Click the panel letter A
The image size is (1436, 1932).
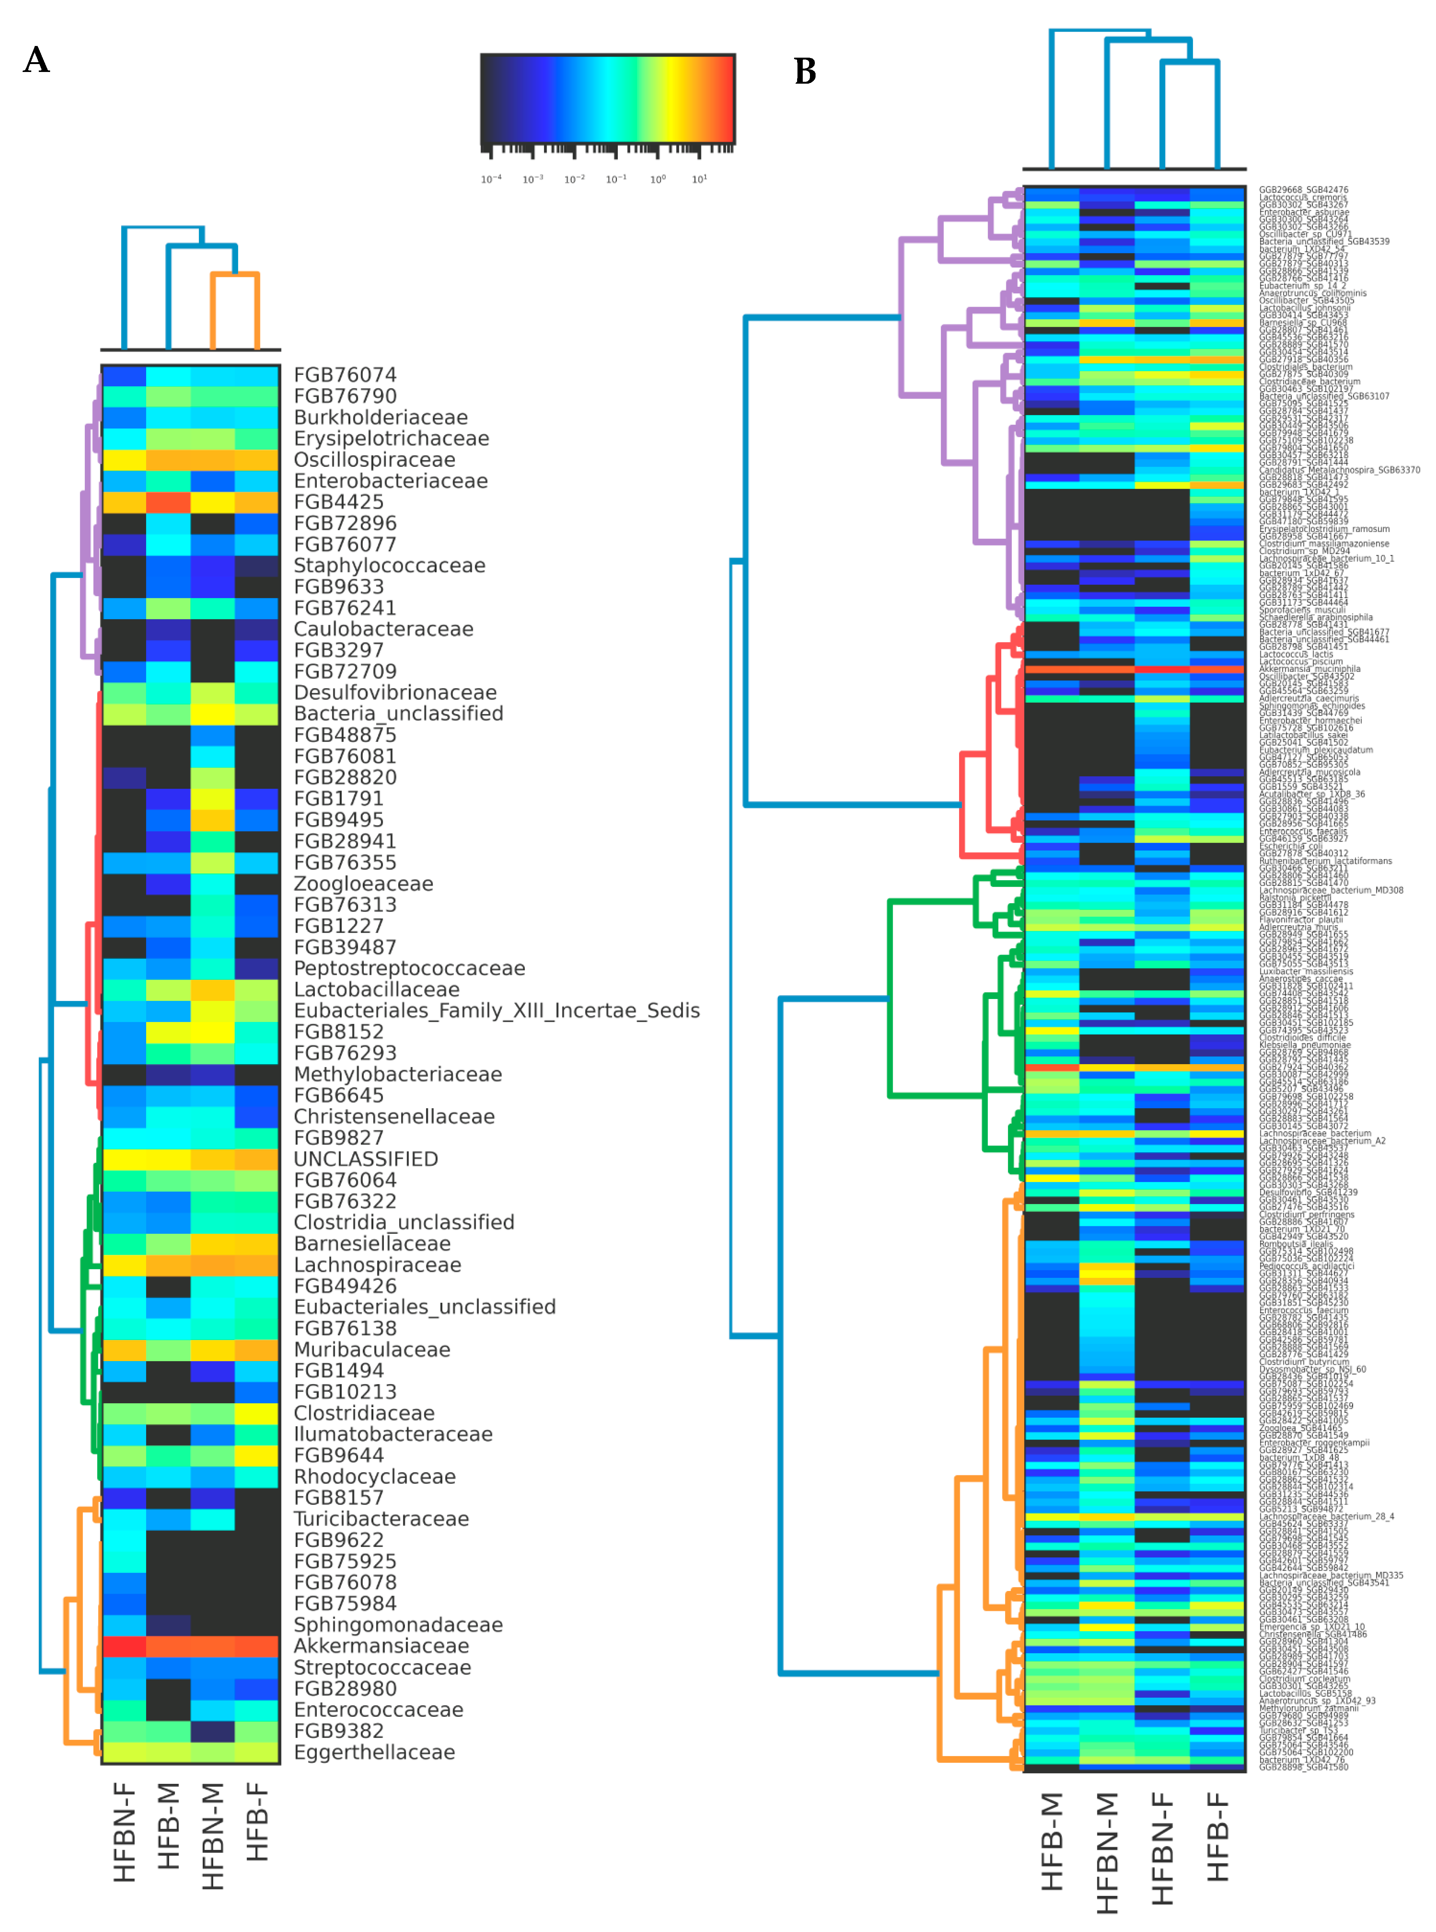pyautogui.click(x=37, y=60)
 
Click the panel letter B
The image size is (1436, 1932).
pyautogui.click(x=805, y=71)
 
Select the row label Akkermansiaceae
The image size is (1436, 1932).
pyautogui.click(x=381, y=1646)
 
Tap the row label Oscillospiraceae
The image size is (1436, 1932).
pyautogui.click(x=374, y=460)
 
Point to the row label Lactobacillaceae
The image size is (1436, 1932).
pyautogui.click(x=376, y=990)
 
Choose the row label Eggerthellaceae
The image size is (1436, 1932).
pyautogui.click(x=374, y=1752)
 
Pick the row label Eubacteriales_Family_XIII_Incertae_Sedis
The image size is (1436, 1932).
pyautogui.click(x=496, y=1010)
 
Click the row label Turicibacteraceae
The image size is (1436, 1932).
pyautogui.click(x=381, y=1519)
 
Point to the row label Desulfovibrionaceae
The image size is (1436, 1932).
pyautogui.click(x=395, y=693)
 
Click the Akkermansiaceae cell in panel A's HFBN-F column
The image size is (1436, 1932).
pyautogui.click(x=124, y=1646)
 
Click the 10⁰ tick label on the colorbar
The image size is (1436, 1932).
pyautogui.click(x=658, y=179)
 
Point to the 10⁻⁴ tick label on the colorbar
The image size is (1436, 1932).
pyautogui.click(x=491, y=179)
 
